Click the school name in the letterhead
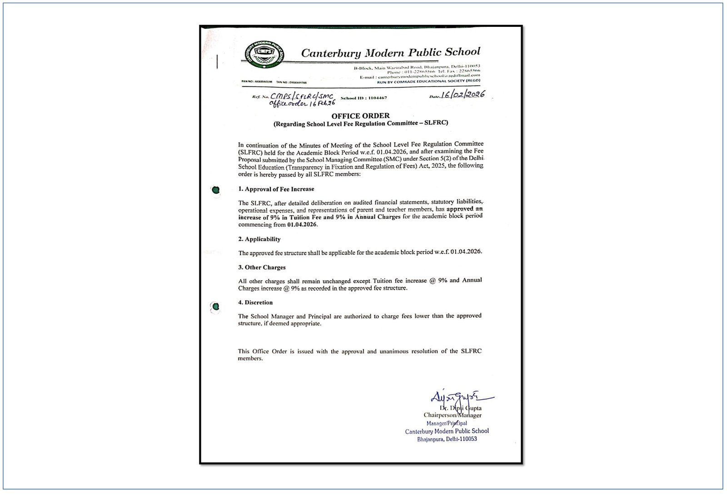tap(390, 52)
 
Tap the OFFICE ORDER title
tap(360, 116)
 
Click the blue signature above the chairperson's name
tap(459, 397)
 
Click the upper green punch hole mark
tap(216, 190)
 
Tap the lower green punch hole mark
tap(216, 307)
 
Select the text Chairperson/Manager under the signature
tap(452, 415)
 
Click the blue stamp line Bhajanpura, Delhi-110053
tap(447, 439)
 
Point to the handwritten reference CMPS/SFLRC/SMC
tap(302, 96)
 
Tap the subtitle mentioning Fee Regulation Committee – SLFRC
tap(360, 124)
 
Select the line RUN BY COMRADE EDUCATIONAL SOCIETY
tap(428, 81)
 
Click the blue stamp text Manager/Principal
tap(446, 423)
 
